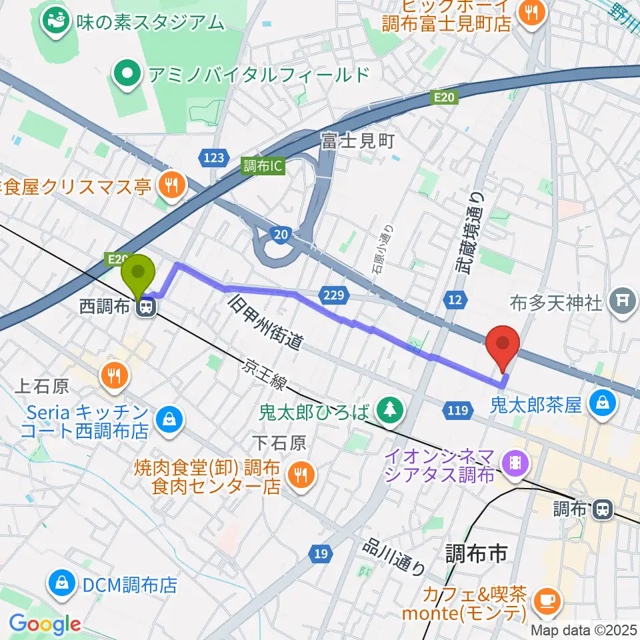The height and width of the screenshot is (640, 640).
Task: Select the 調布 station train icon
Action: pyautogui.click(x=602, y=509)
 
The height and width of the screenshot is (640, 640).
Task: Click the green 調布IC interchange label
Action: pyautogui.click(x=263, y=166)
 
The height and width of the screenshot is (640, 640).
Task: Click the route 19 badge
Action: pyautogui.click(x=321, y=553)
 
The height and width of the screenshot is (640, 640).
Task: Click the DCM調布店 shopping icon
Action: pyautogui.click(x=61, y=585)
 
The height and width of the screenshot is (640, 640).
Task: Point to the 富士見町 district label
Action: pyautogui.click(x=358, y=141)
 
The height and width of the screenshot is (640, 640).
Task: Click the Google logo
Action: pyautogui.click(x=45, y=625)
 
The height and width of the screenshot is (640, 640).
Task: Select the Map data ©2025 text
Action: pyautogui.click(x=583, y=630)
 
